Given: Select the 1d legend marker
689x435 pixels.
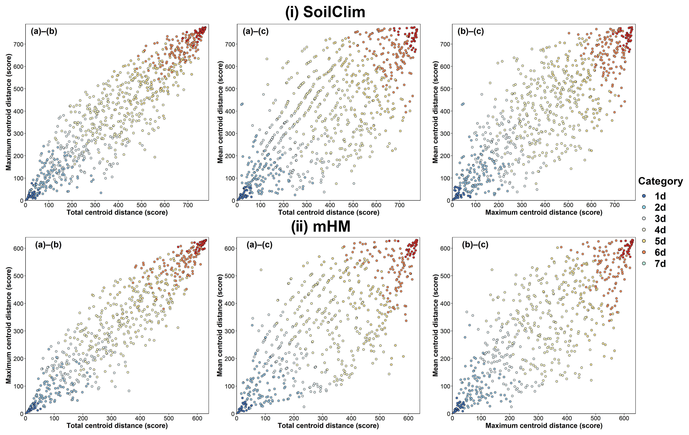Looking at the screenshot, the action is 644,196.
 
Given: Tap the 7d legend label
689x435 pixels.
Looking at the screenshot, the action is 660,264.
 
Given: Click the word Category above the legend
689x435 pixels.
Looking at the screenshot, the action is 660,181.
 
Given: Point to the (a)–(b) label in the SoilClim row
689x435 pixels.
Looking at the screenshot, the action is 44,31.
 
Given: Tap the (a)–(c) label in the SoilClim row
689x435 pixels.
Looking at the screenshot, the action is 255,31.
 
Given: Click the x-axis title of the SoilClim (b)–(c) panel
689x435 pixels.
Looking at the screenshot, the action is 544,212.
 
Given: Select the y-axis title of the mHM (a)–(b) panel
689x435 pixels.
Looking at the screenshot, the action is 9,325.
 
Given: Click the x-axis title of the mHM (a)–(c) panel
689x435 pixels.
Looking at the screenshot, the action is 328,425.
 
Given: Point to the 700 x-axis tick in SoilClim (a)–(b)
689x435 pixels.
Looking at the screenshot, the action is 188,205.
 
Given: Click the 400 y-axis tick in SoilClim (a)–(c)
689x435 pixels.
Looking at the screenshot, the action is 230,111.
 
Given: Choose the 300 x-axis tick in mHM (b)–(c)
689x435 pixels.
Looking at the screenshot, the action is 538,418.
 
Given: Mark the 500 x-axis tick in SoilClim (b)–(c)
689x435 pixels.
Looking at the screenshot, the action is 568,205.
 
